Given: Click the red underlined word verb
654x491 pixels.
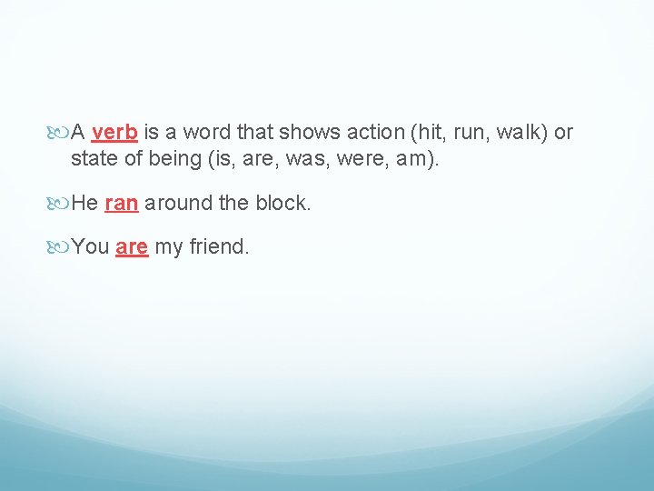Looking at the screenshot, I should pos(114,132).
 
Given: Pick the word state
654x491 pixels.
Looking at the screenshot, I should pos(94,158).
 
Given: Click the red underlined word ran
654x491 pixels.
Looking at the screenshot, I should pos(122,203).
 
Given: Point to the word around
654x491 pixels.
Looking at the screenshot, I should pos(178,203).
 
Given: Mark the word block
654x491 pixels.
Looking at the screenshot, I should pos(280,203).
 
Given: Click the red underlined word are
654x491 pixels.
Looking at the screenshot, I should pos(132,246).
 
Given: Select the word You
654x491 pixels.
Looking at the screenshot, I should pos(91,246).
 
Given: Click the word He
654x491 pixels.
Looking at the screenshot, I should pos(84,203).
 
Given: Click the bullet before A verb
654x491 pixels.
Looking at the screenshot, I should pos(61,133).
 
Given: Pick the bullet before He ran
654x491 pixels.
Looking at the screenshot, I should pos(61,204).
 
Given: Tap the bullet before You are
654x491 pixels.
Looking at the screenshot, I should pos(61,247).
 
